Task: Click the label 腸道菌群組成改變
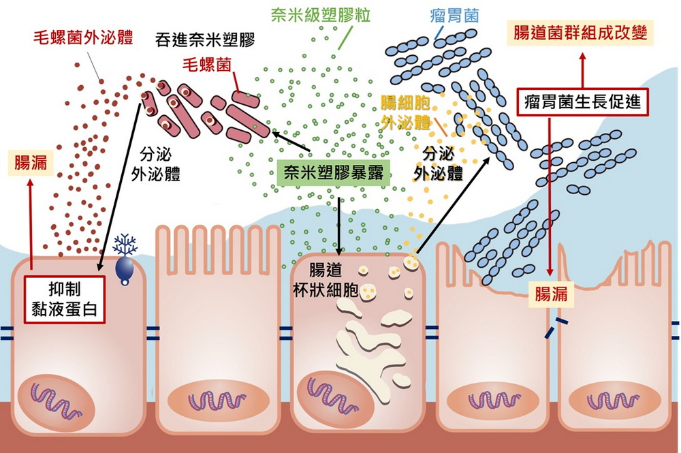click(581, 31)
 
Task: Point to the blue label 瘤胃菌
click(454, 15)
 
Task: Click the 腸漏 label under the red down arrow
click(550, 294)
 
